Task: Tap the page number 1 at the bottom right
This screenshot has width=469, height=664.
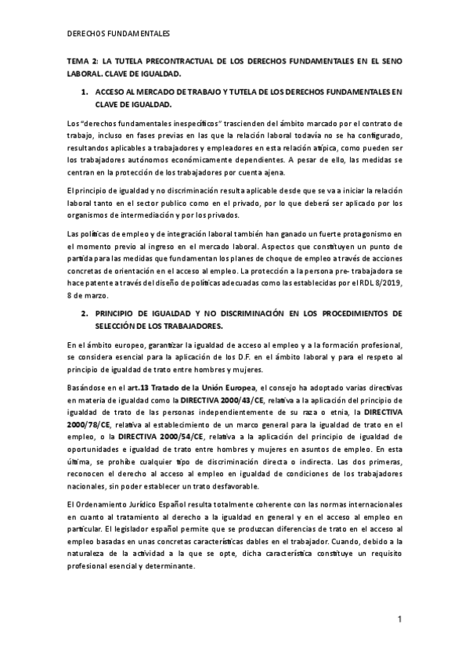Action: (x=399, y=620)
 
